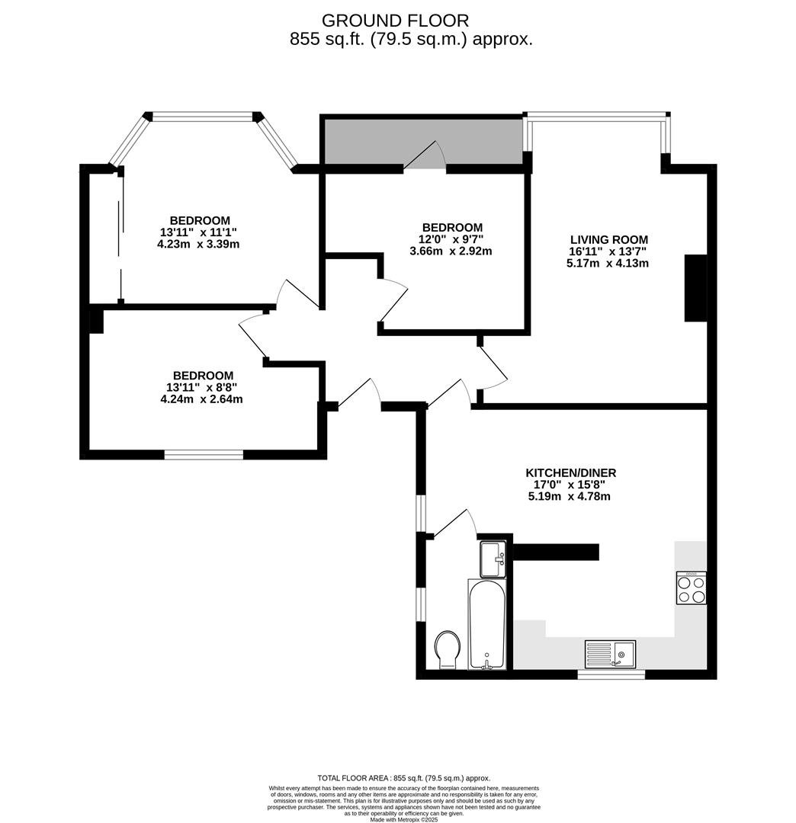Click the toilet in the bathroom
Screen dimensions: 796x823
point(448,649)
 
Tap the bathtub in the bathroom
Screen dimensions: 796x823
point(487,624)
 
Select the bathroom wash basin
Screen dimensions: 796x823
point(493,559)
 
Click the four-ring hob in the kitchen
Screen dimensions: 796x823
point(691,588)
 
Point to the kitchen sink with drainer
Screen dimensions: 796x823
point(610,654)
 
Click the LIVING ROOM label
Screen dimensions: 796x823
point(608,239)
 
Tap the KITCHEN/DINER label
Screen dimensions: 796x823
point(571,472)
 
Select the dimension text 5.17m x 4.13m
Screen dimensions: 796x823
point(608,263)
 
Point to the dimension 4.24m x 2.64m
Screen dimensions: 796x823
point(201,399)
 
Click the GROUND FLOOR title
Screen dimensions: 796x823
point(395,21)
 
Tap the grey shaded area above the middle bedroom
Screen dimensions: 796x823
point(423,141)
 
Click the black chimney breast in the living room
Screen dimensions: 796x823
point(695,287)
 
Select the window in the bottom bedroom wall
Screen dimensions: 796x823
point(204,454)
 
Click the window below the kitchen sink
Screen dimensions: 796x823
point(611,674)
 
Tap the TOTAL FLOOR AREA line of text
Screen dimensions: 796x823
point(404,778)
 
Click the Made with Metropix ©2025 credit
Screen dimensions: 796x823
point(404,818)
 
